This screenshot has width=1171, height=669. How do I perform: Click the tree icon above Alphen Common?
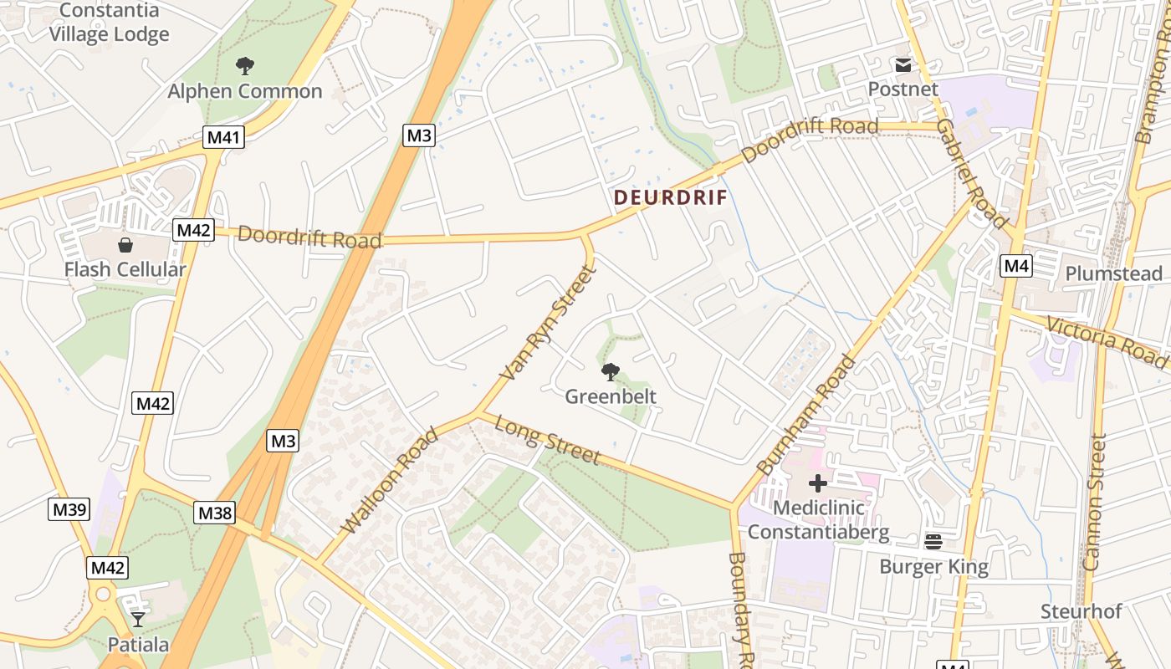(244, 65)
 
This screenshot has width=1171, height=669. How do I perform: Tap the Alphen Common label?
(244, 91)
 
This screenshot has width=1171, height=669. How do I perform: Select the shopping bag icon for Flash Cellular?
(125, 245)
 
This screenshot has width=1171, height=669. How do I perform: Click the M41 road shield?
(223, 137)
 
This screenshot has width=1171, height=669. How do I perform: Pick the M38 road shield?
(214, 513)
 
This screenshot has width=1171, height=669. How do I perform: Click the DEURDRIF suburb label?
(670, 198)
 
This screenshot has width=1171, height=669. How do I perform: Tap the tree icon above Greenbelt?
(611, 371)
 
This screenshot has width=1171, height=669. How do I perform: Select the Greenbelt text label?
(611, 396)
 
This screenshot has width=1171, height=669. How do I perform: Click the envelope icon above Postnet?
(903, 64)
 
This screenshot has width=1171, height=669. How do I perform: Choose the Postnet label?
(903, 89)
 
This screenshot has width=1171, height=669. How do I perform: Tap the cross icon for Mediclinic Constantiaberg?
(817, 483)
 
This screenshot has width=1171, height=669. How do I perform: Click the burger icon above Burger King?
(933, 542)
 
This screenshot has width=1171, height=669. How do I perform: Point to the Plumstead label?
(1113, 274)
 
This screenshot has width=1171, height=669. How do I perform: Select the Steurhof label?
(1081, 611)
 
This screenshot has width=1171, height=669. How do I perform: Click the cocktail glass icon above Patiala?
(138, 620)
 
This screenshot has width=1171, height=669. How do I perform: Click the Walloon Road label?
(390, 480)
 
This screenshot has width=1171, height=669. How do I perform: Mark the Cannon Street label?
(1095, 503)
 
